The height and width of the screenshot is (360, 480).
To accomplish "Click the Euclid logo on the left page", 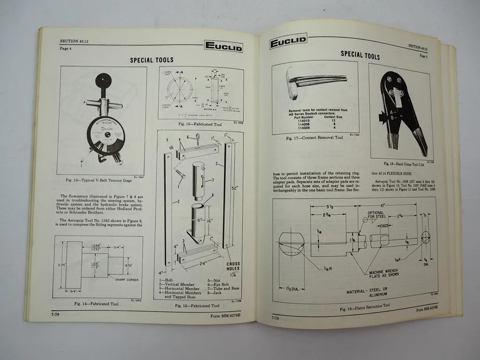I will (x=223, y=47).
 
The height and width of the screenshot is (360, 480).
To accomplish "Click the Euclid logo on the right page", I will (x=288, y=44).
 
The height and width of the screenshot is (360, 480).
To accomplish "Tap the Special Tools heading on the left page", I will (x=151, y=60).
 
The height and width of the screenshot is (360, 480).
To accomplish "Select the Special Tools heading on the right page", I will (x=360, y=55).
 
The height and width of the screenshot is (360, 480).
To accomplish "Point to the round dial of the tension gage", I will (x=105, y=135).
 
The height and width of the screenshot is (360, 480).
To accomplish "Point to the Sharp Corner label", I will (x=126, y=279).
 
